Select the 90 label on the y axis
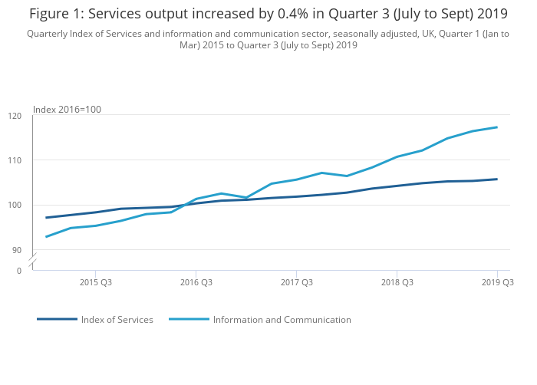coord(17,250)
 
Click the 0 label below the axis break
coord(19,271)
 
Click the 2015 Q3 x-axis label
coord(95,283)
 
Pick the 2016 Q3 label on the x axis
coord(196,283)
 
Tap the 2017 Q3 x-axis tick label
coord(296,283)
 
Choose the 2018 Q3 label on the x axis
coord(397,283)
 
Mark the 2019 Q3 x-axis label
coord(496,283)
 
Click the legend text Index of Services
coord(117,320)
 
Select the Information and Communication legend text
coord(282,320)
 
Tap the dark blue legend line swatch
coord(57,319)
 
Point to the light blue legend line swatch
coord(189,319)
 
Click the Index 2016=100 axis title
coord(67,110)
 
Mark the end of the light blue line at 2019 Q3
coord(497,127)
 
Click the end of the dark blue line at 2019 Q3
coord(497,179)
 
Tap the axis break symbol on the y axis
coord(32,262)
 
